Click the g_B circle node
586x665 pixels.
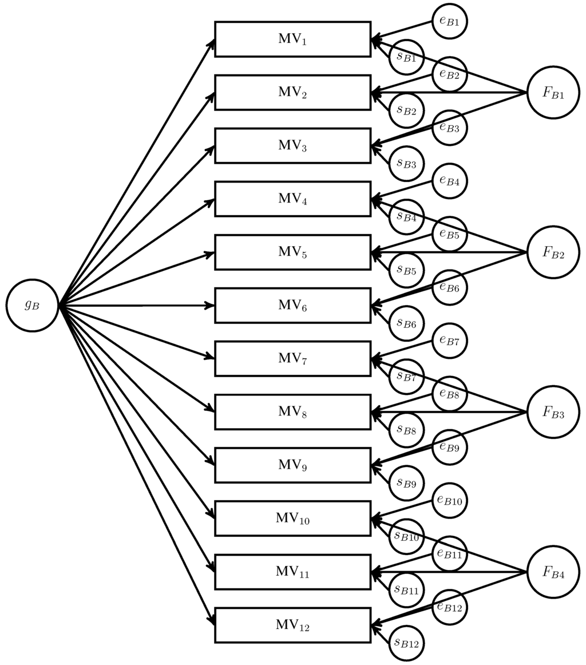pyautogui.click(x=33, y=305)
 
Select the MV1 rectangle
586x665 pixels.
pyautogui.click(x=292, y=39)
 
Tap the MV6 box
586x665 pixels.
pyautogui.click(x=292, y=306)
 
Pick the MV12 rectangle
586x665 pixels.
pyautogui.click(x=292, y=625)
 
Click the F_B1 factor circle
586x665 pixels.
pyautogui.click(x=553, y=93)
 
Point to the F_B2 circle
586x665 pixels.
pyautogui.click(x=553, y=252)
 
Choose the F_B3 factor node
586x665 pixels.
pyautogui.click(x=553, y=412)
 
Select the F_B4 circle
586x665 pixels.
pyautogui.click(x=553, y=572)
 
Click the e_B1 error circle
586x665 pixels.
pyautogui.click(x=449, y=21)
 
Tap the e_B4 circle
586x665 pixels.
pyautogui.click(x=449, y=181)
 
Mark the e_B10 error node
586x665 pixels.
pyautogui.click(x=449, y=500)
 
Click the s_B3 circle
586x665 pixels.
pyautogui.click(x=407, y=164)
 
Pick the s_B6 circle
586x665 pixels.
pyautogui.click(x=407, y=323)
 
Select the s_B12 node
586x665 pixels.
pyautogui.click(x=407, y=643)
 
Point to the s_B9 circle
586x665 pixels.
pyautogui.click(x=407, y=483)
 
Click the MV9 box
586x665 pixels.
pyautogui.click(x=292, y=465)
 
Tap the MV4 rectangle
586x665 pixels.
pyautogui.click(x=292, y=199)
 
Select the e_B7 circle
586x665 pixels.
pyautogui.click(x=449, y=341)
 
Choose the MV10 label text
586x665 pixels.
pyautogui.click(x=292, y=518)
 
